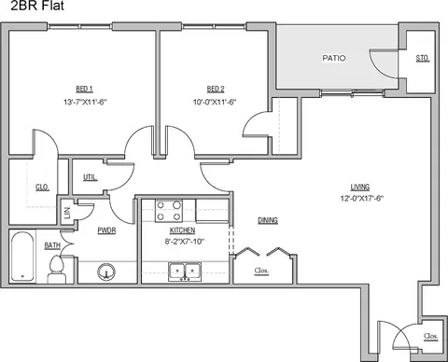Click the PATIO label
click(x=334, y=58)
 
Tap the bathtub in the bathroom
click(x=22, y=257)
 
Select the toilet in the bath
click(x=57, y=270)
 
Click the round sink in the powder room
click(x=106, y=271)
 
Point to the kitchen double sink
click(x=185, y=271)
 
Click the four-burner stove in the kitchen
click(x=169, y=211)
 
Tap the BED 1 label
click(x=85, y=89)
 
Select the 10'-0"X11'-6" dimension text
click(x=215, y=102)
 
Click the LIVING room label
click(x=360, y=188)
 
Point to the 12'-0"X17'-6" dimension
click(x=362, y=199)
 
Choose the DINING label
click(x=268, y=220)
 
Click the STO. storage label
click(x=423, y=58)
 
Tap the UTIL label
click(x=90, y=177)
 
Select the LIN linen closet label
click(x=67, y=213)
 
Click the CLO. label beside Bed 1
click(x=42, y=188)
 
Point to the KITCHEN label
click(x=182, y=230)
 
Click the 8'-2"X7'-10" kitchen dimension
click(x=185, y=242)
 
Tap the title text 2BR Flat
click(x=37, y=6)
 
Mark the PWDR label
click(x=106, y=230)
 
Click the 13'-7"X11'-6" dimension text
click(x=85, y=102)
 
